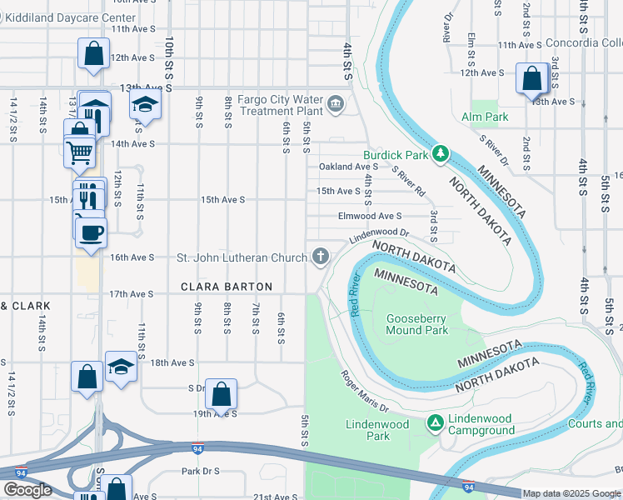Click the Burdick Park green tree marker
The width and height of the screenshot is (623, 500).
tap(441, 154)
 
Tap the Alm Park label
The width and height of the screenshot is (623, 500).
tap(485, 117)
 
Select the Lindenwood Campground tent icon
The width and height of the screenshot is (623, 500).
tap(435, 423)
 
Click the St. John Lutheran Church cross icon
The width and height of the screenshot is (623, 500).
tap(320, 257)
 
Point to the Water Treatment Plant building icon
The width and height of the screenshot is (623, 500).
tap(336, 104)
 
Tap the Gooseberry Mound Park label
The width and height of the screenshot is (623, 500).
tap(416, 324)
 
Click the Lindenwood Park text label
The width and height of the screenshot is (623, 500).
tap(377, 430)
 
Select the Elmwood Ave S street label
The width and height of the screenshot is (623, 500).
tap(370, 216)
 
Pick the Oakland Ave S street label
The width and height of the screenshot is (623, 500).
tap(349, 167)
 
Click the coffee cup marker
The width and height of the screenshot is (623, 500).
tap(91, 230)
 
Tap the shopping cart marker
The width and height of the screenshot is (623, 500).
tap(78, 151)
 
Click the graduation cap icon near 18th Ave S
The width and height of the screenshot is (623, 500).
tap(121, 367)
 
